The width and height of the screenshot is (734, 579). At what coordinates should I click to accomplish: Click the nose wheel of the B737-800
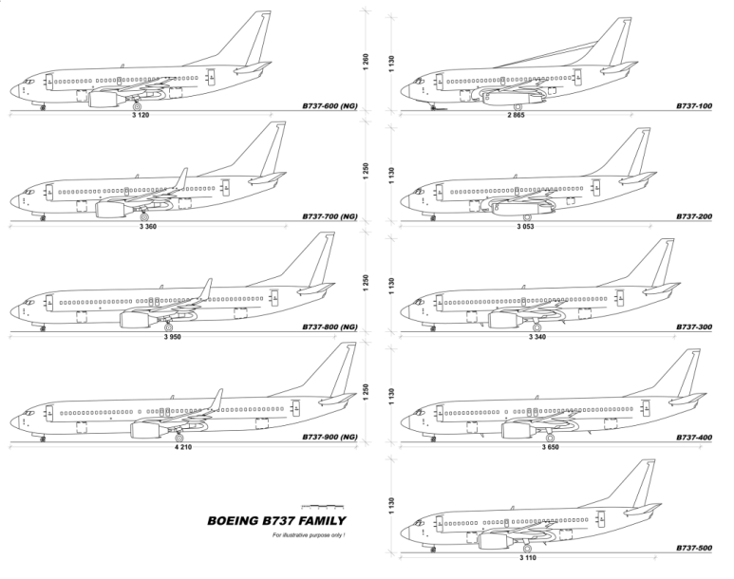pos(44,329)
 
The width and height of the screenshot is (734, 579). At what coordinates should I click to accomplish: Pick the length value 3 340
pos(537,336)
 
